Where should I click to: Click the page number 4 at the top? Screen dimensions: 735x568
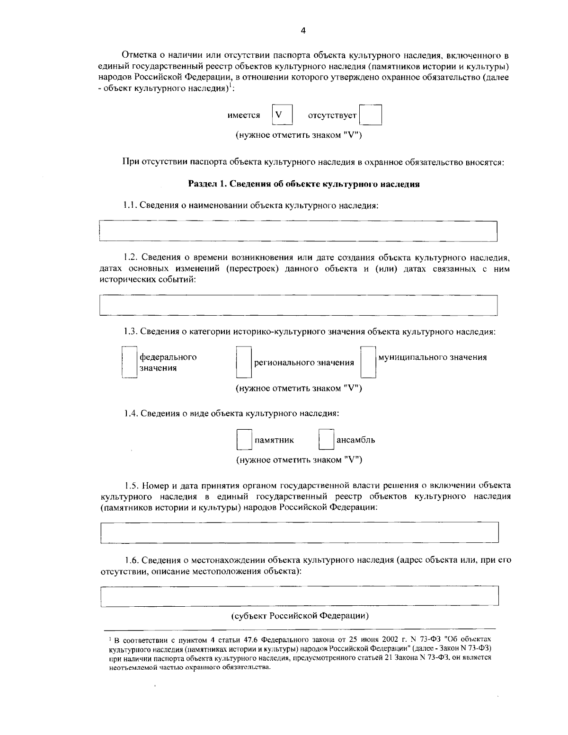coord(303,31)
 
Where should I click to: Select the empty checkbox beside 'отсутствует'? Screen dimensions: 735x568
coord(370,115)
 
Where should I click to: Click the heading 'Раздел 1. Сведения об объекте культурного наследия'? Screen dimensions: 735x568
coord(304,185)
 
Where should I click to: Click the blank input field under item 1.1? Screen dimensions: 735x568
coord(298,231)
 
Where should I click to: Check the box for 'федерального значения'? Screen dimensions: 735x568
coord(130,362)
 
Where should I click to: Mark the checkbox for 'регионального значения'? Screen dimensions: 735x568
coord(244,362)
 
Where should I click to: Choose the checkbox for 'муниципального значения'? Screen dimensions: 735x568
coord(368,362)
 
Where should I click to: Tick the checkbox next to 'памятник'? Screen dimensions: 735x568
coord(244,439)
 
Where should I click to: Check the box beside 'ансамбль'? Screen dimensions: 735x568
coord(326,439)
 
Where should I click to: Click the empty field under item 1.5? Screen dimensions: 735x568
coord(300,532)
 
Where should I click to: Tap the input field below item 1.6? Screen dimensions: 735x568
coord(300,596)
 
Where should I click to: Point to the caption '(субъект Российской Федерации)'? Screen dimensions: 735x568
coord(300,616)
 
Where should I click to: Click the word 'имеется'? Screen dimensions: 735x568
coord(244,115)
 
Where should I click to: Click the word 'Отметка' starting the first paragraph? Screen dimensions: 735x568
coord(137,55)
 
